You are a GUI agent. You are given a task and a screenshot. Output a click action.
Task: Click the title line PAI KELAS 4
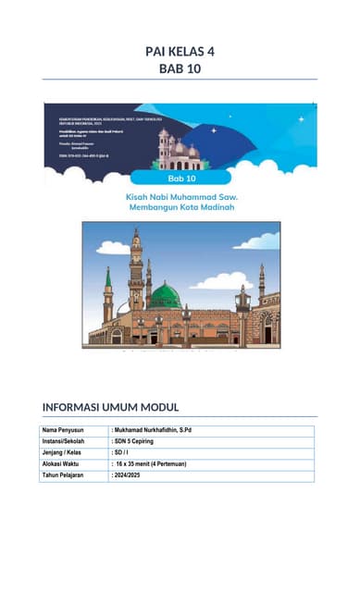[x=180, y=52]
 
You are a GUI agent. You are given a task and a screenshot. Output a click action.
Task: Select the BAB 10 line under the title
[x=180, y=68]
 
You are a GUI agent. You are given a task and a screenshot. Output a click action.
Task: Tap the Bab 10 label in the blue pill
[x=180, y=177]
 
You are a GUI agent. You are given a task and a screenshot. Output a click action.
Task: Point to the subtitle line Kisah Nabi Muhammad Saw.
[x=180, y=197]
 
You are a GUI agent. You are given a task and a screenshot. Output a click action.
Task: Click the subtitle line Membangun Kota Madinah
[x=180, y=208]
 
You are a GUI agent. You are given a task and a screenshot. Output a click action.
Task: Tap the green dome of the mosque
[x=165, y=296]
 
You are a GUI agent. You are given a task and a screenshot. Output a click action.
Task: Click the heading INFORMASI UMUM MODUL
[x=110, y=407]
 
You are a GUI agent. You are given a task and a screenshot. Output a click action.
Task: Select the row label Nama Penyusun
[x=63, y=430]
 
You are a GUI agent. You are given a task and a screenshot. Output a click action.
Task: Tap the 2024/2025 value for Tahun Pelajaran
[x=130, y=475]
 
